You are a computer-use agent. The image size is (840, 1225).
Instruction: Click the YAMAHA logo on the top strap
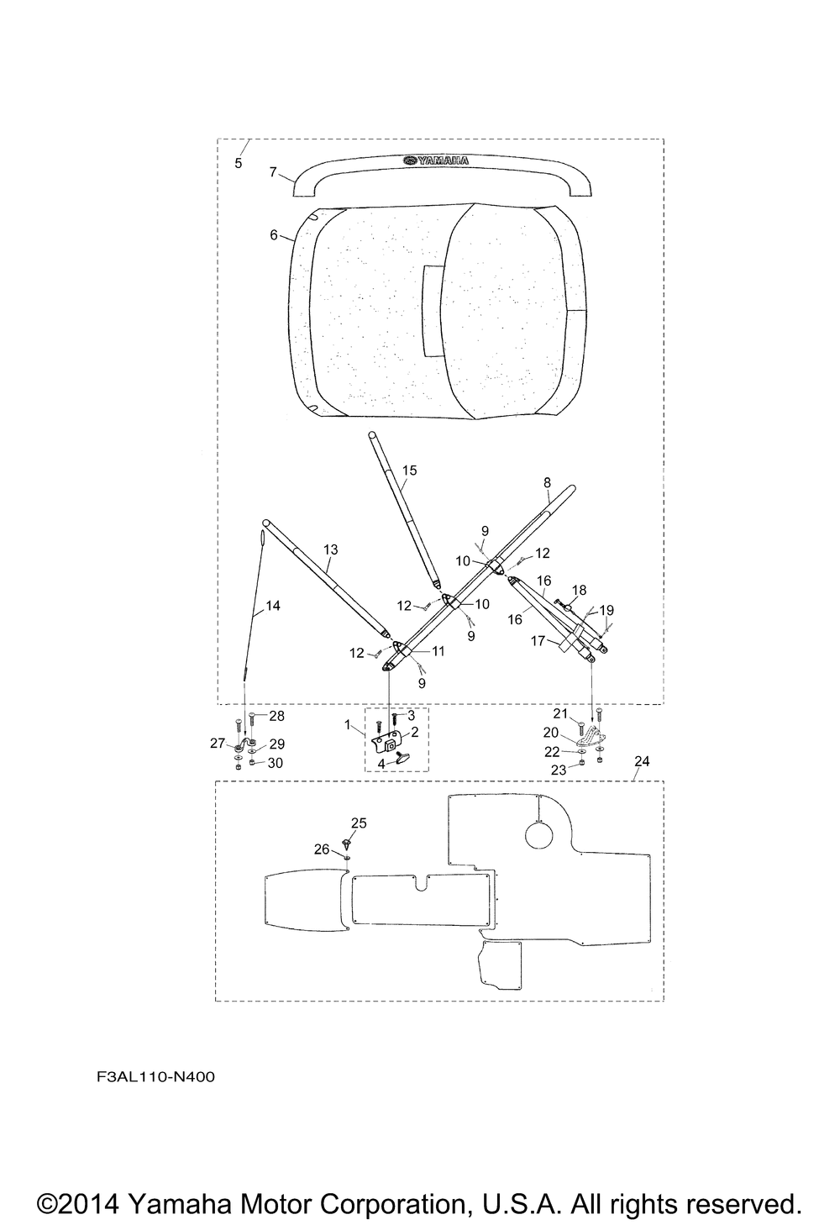pos(437,160)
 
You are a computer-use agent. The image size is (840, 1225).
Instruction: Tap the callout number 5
pos(238,163)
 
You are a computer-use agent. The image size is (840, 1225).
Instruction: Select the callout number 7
pos(274,171)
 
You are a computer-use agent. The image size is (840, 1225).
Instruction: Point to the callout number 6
pos(274,234)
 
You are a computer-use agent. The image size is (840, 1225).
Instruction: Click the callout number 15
pos(409,471)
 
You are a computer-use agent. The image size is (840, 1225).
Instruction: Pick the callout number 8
pos(548,483)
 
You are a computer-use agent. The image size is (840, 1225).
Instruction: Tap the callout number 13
pos(331,549)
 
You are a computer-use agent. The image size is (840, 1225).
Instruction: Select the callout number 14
pos(273,606)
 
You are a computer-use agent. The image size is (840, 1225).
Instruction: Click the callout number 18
pos(579,590)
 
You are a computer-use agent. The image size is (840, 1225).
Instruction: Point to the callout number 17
pos(538,640)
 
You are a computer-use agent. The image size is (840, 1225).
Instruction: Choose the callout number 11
pos(438,651)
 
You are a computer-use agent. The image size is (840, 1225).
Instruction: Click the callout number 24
pos(642,761)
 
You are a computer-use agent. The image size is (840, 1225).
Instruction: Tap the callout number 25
pos(360,823)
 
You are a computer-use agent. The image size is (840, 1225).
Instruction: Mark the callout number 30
pos(275,763)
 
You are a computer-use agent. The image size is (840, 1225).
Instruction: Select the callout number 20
pos(551,733)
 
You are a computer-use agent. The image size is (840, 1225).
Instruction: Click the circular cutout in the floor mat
pos(539,835)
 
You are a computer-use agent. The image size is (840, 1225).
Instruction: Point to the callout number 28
pos(276,716)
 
